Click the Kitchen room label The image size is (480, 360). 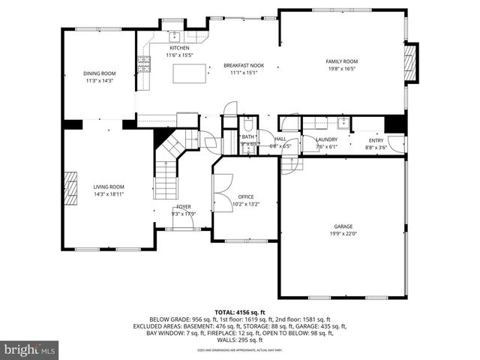tap(168, 48)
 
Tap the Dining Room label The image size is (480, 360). tap(99, 73)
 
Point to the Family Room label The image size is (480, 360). tap(341, 61)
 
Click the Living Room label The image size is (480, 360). tap(109, 187)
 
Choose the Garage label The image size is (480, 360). tap(343, 226)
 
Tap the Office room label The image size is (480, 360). tap(246, 196)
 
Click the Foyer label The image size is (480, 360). tap(184, 206)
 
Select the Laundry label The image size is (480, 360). tap(326, 139)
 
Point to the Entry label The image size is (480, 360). tap(376, 139)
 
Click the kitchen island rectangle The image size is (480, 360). tap(189, 73)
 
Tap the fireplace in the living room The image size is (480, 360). tap(70, 187)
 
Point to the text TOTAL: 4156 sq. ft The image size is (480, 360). tap(240, 312)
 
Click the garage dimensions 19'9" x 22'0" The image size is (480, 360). tap(343, 232)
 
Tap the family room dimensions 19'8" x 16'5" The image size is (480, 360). tap(341, 67)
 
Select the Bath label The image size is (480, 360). tap(247, 136)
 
